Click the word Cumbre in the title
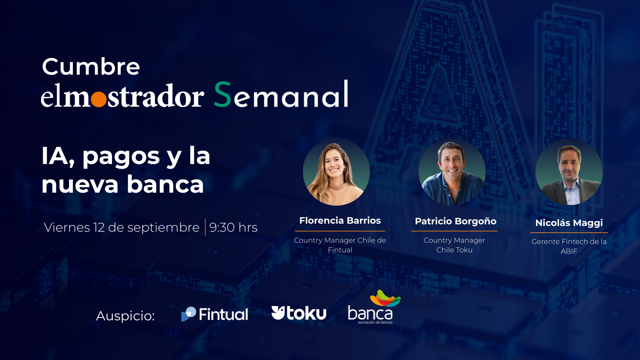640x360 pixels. coord(91,66)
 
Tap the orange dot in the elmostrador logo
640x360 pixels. coord(99,99)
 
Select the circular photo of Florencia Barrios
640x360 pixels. coord(336,172)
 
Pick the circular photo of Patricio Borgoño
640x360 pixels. coord(452,172)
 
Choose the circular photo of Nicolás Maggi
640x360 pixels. coord(569,172)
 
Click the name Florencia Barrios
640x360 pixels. coord(340,220)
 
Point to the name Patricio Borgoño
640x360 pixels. coord(455,221)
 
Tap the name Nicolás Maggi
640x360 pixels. coord(569,223)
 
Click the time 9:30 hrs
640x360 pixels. coord(233,227)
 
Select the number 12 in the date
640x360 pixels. coord(99,227)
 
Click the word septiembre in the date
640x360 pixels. coord(163,228)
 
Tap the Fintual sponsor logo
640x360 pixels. coord(215,314)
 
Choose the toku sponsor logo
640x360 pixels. coord(299,313)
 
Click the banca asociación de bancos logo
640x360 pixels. coord(374,307)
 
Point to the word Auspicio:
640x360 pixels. coord(125,316)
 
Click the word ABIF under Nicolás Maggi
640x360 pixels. coord(569,251)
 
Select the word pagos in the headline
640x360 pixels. coord(121,157)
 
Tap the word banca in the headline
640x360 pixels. coord(165,184)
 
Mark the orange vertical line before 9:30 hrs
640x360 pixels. coord(205,227)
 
